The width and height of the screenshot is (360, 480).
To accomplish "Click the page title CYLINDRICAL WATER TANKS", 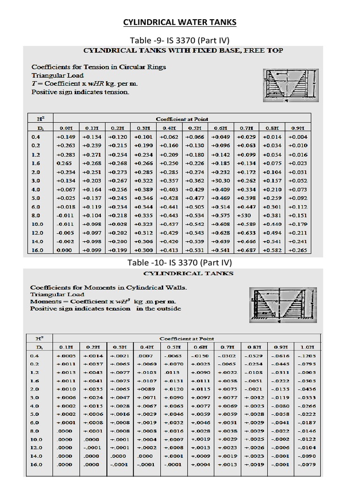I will (x=180, y=22).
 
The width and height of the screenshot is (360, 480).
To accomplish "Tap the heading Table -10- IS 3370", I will (x=180, y=262).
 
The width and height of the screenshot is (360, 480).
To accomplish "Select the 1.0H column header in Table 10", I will (x=307, y=347).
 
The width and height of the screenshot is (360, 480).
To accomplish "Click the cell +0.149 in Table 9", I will (x=66, y=137).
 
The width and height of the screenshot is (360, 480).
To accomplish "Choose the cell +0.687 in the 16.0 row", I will (x=247, y=251).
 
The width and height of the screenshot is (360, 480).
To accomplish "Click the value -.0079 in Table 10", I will (x=307, y=465).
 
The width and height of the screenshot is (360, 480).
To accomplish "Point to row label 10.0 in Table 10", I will (x=36, y=440).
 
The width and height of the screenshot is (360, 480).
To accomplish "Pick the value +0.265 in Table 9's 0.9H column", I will (x=298, y=251).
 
